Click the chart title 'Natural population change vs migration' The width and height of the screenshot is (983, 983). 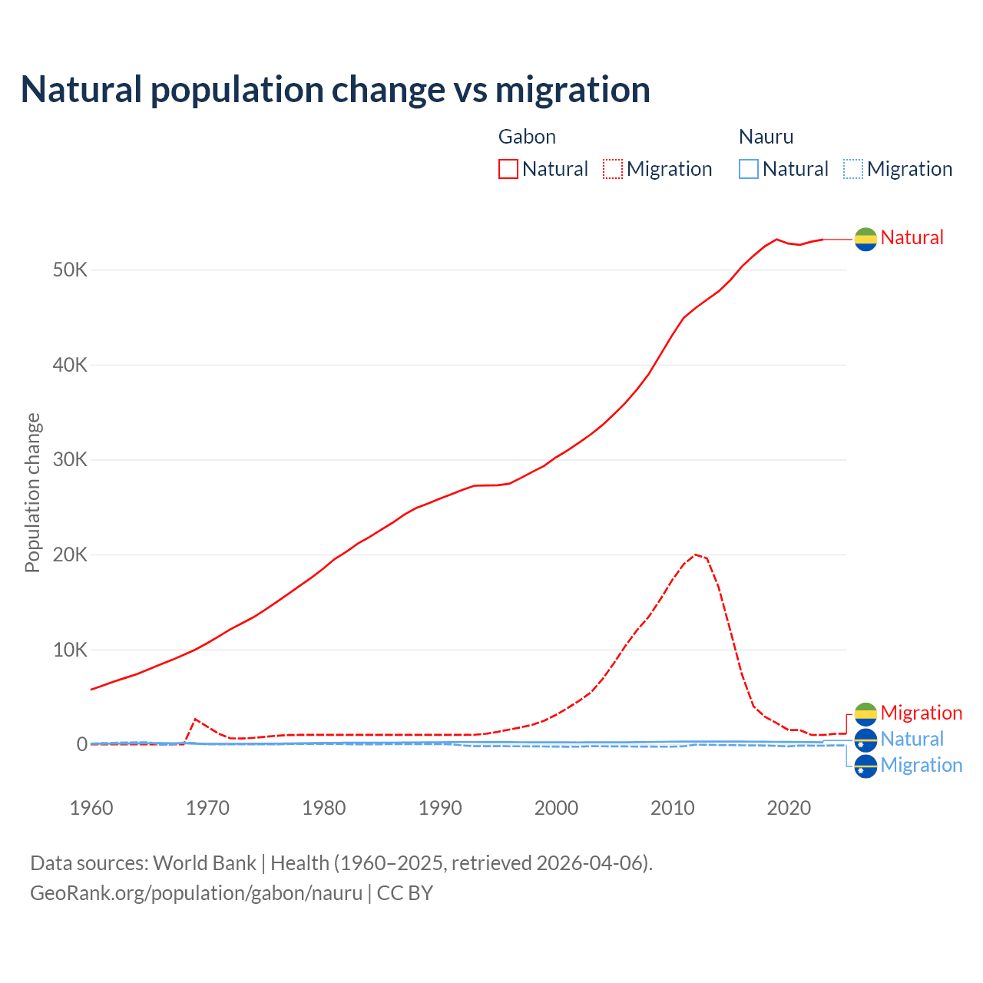(x=336, y=90)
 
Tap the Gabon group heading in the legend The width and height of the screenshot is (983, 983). (x=527, y=137)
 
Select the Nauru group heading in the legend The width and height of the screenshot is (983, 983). (x=766, y=137)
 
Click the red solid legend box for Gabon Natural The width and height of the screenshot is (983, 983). (x=508, y=169)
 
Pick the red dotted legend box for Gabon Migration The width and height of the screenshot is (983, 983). (x=613, y=169)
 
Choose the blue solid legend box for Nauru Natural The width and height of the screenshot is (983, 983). (x=749, y=169)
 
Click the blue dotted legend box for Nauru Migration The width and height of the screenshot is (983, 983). (x=853, y=169)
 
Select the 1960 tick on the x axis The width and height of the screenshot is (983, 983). (x=91, y=808)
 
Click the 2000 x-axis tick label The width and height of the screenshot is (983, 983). (x=556, y=808)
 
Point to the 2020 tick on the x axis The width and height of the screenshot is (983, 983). (x=789, y=808)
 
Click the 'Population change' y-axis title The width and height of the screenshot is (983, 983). (x=32, y=492)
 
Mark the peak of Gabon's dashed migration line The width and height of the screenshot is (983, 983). (x=695, y=554)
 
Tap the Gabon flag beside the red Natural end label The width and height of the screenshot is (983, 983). (x=866, y=239)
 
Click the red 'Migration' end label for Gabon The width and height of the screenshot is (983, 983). (x=921, y=713)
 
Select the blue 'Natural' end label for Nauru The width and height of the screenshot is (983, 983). (x=912, y=739)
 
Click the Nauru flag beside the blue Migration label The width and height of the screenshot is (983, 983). (x=866, y=766)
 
